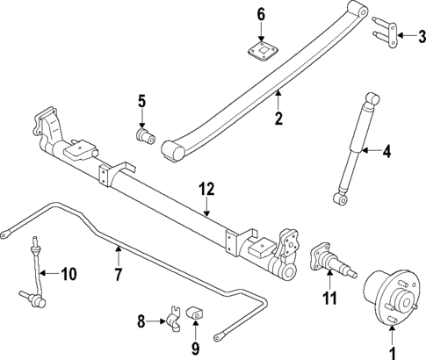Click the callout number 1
pos(393,354)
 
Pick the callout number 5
pos(141,103)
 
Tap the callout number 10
pos(68,274)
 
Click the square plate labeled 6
pos(261,51)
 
